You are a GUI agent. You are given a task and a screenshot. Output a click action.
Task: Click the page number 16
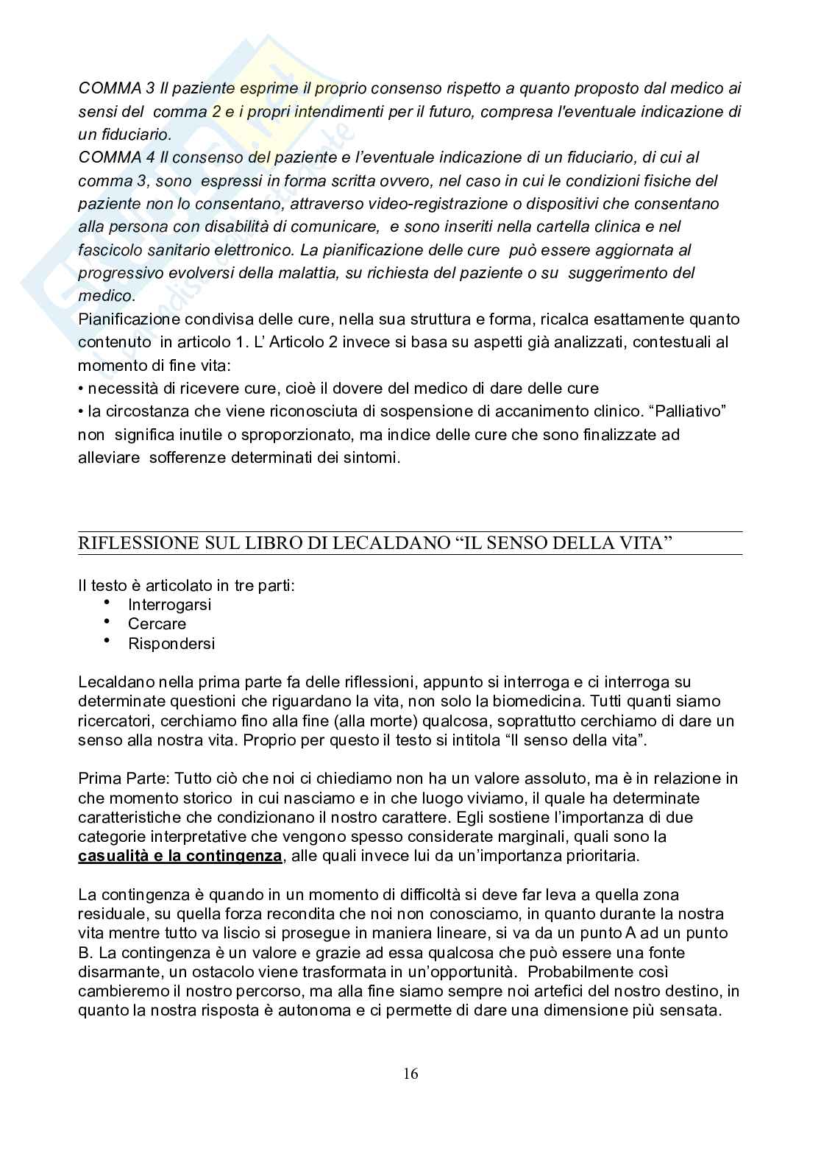[x=410, y=1074]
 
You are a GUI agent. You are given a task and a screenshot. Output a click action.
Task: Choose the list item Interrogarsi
[x=169, y=605]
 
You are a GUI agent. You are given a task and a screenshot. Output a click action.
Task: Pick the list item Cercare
[x=157, y=624]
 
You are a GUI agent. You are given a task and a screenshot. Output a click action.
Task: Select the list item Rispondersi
[x=171, y=644]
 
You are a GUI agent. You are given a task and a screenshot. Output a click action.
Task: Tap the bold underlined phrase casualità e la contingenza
[x=180, y=856]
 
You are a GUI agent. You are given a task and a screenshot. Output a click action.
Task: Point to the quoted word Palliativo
[x=689, y=411]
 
